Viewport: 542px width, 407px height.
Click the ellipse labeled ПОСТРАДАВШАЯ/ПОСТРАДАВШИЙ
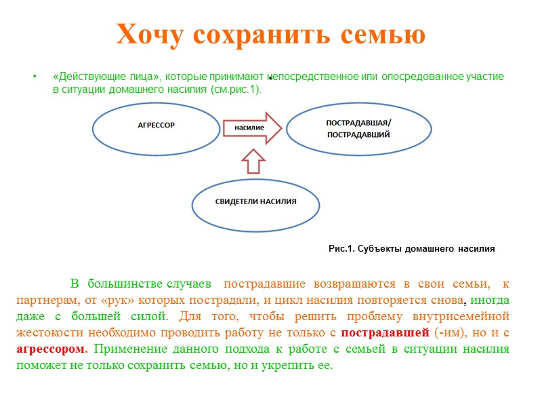(x=358, y=128)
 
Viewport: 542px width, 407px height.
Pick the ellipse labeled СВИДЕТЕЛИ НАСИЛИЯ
(x=255, y=202)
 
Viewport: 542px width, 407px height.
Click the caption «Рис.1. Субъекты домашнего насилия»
(x=411, y=249)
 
